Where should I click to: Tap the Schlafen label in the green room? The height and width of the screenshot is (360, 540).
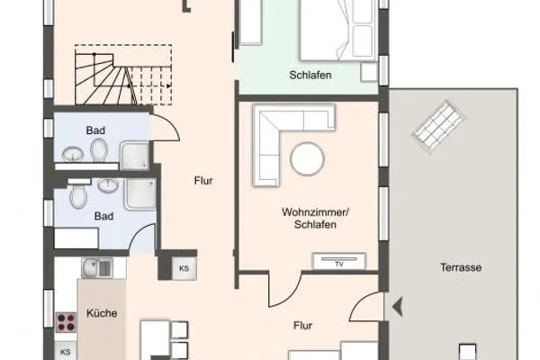click(x=310, y=76)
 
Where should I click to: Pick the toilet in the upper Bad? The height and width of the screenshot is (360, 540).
click(x=98, y=149)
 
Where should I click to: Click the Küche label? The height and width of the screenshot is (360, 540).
click(x=101, y=314)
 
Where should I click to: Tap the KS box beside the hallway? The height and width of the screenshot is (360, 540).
click(x=184, y=268)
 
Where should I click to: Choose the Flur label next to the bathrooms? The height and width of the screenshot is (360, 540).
click(x=203, y=181)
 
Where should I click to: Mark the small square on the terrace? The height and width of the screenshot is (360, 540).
click(x=465, y=350)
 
